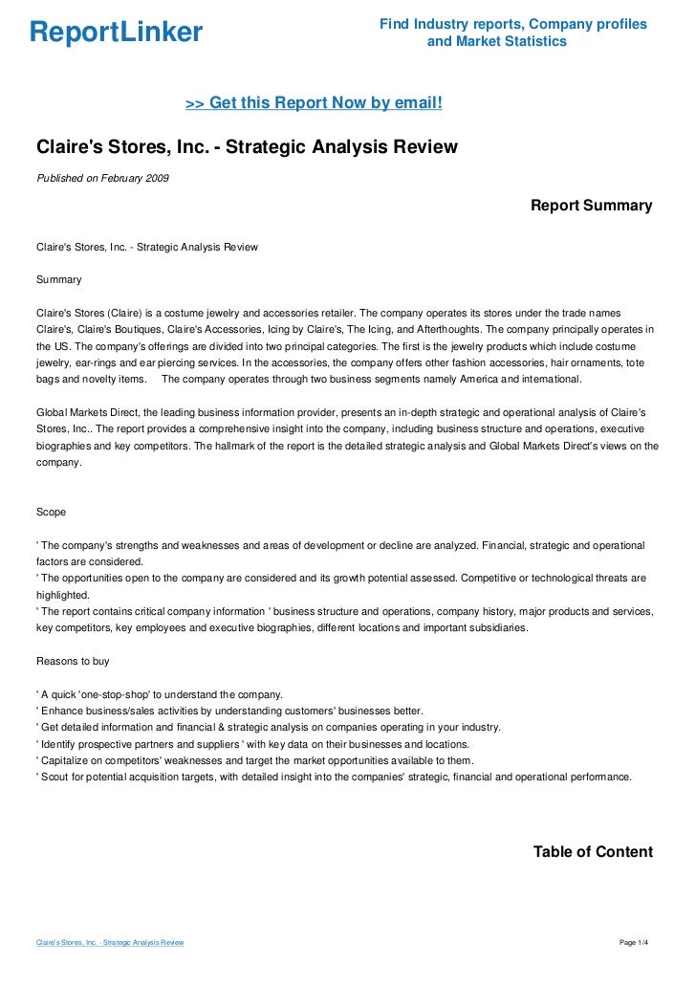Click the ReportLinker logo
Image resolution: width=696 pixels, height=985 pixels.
[116, 33]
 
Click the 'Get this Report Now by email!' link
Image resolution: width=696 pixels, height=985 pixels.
[314, 102]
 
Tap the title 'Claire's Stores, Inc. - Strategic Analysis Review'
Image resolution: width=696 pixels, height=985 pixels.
[247, 147]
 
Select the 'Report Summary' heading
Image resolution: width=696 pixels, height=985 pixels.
[591, 206]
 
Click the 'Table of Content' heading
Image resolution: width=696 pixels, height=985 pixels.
[593, 852]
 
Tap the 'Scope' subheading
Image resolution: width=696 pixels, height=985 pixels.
[51, 512]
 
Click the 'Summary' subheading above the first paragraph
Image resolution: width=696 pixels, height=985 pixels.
[58, 280]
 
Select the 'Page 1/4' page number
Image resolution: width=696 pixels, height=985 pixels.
[634, 943]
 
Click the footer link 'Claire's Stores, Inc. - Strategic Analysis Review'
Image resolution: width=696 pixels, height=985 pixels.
[110, 943]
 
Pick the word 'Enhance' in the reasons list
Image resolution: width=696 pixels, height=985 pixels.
[62, 711]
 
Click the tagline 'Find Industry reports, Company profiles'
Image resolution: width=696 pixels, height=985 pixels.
[512, 24]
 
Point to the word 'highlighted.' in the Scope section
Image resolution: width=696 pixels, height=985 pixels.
[62, 594]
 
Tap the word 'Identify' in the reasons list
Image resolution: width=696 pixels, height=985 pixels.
[59, 744]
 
